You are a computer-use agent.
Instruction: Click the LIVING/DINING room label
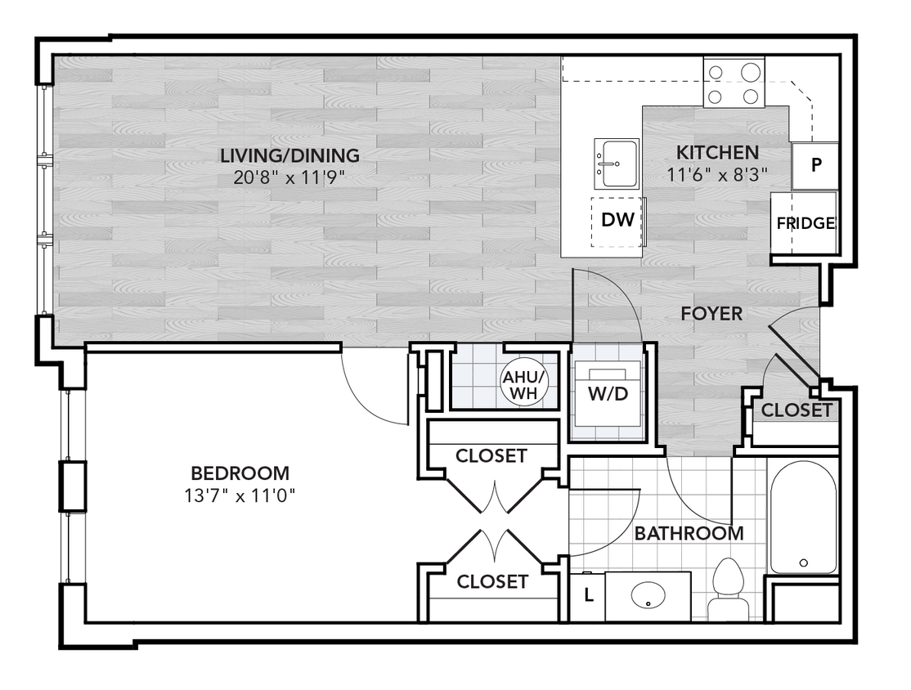coord(289,155)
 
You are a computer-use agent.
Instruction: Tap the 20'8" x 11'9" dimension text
coord(289,177)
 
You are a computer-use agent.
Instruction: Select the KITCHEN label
coord(717,152)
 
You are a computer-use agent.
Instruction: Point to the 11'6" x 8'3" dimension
coord(717,173)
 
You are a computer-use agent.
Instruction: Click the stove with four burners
coord(734,84)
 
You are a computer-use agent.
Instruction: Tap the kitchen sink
coord(615,164)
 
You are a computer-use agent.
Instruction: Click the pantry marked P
coord(815,164)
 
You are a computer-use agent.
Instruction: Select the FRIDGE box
coord(805,223)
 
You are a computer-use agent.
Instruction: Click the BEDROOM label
coord(239,473)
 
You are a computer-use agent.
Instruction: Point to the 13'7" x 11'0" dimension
coord(239,495)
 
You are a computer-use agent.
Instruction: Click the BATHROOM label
coord(689,534)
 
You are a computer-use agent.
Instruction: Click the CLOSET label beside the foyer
coord(796,410)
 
